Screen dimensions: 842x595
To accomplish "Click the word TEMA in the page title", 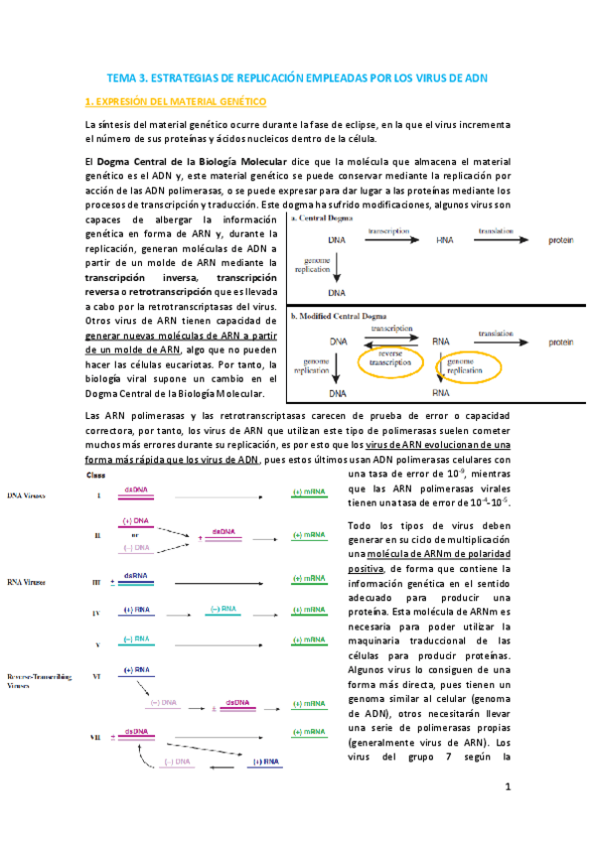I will pyautogui.click(x=122, y=77).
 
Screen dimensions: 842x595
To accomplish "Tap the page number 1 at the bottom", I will pyautogui.click(x=507, y=787).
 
